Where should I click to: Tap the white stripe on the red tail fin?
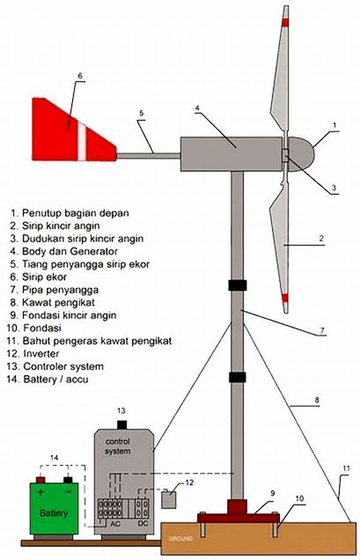pos(82,140)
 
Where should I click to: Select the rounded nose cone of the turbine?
pos(301,154)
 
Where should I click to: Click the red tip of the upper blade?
pos(285,22)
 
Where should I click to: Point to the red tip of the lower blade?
pos(285,298)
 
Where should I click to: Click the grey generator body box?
pos(232,154)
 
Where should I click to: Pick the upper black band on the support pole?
pos(237,285)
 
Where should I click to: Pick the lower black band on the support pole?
pos(237,378)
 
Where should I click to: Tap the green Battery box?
pos(54,508)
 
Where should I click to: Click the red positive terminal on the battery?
pos(41,480)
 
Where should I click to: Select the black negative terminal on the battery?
pos(67,480)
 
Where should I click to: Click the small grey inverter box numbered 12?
pos(169,500)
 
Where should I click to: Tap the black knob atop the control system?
pos(122,425)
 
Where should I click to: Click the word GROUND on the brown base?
pos(181,538)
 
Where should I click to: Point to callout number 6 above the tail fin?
pos(80,76)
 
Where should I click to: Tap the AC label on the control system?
pos(115,524)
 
